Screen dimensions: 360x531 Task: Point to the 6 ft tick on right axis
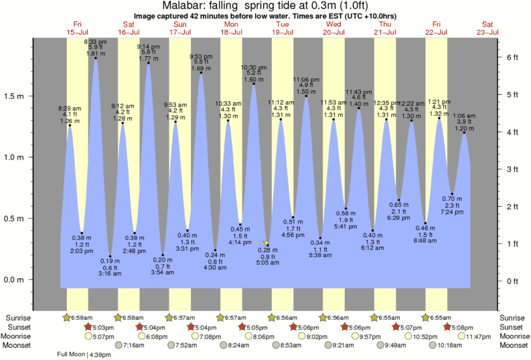(x=513, y=58)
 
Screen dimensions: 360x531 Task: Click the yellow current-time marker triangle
(x=267, y=244)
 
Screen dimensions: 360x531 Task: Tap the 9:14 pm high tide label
(x=148, y=47)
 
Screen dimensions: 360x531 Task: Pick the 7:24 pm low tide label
(x=453, y=212)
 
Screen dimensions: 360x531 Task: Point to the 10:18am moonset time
(x=449, y=345)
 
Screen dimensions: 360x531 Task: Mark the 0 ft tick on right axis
(x=513, y=281)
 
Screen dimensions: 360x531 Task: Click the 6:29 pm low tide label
(x=398, y=218)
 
